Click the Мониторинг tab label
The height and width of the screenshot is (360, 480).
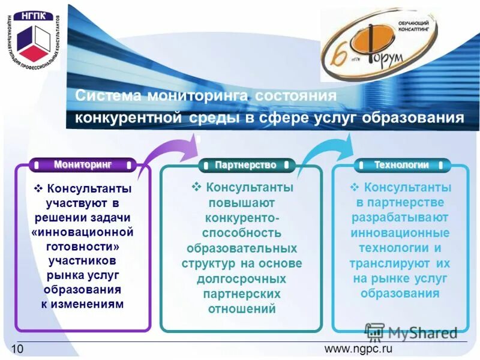pos(83,164)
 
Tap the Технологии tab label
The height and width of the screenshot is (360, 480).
pos(401,164)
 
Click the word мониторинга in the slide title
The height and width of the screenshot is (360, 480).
pos(199,96)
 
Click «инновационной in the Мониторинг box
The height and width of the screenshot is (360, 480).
pos(82,232)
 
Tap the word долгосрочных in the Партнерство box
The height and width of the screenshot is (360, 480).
pos(241,279)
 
